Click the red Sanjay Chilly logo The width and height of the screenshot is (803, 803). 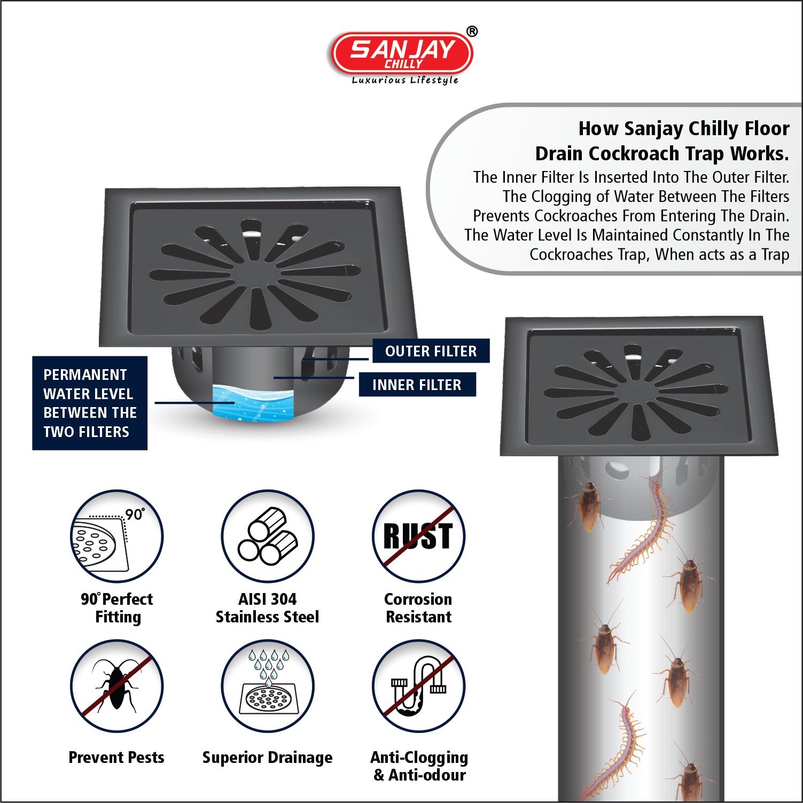[x=402, y=53]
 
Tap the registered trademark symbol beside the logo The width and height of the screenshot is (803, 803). [x=472, y=32]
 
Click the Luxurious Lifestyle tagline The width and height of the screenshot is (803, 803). [x=405, y=80]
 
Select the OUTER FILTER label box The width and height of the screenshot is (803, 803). [x=431, y=351]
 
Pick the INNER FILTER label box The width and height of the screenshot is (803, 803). [x=417, y=385]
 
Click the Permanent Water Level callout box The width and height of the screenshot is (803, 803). [x=90, y=403]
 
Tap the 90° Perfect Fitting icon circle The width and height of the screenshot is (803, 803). [x=117, y=536]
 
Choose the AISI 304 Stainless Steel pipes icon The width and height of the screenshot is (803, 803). [x=268, y=536]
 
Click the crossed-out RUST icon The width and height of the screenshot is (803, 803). [x=418, y=536]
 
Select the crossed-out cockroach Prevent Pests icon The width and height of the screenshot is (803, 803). [x=117, y=686]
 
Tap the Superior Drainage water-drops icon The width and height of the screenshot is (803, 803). [x=268, y=686]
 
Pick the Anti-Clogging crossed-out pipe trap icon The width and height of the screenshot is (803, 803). [x=418, y=686]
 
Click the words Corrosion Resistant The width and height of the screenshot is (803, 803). [x=418, y=608]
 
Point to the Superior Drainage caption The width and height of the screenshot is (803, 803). [x=267, y=758]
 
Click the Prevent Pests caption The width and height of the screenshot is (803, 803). [x=116, y=757]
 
